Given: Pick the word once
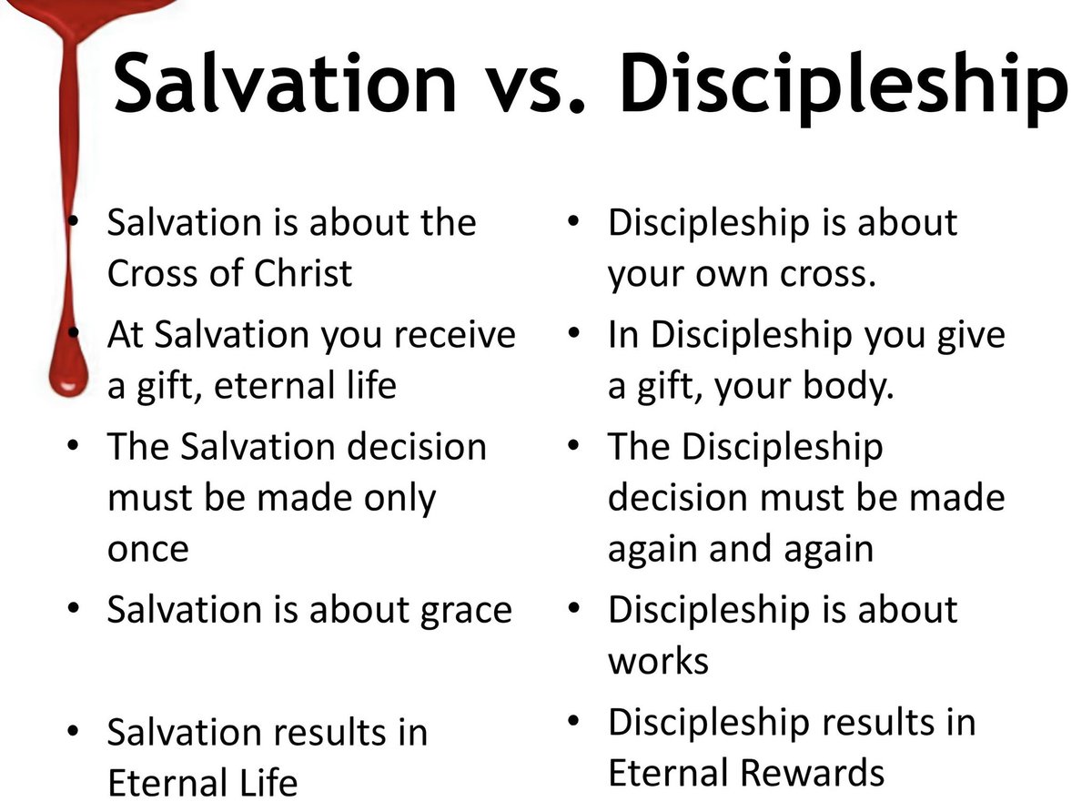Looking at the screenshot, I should [148, 549].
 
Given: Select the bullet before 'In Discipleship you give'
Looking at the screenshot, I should [574, 334].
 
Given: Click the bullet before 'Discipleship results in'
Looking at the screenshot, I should [574, 721].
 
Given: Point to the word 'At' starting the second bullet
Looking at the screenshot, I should [125, 335].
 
